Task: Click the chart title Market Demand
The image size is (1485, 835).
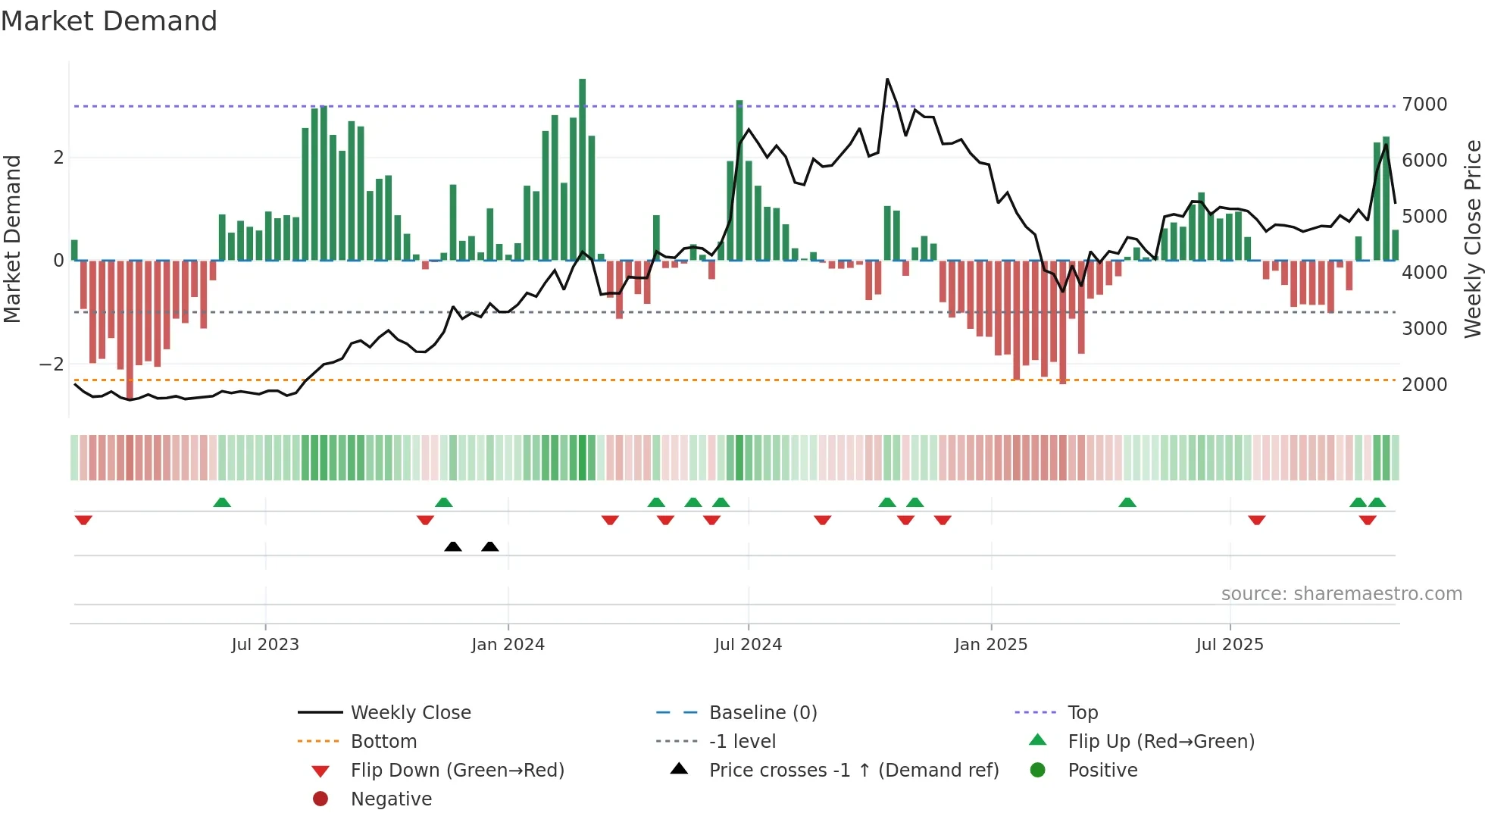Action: (x=109, y=21)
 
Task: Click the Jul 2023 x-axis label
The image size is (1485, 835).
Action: (x=265, y=645)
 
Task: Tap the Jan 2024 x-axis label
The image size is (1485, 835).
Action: (x=508, y=645)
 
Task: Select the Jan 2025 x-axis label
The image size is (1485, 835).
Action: (x=990, y=645)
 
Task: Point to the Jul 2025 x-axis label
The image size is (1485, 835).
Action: (x=1230, y=645)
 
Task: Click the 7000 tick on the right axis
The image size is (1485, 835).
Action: (x=1424, y=105)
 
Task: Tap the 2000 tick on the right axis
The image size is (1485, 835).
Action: (x=1424, y=385)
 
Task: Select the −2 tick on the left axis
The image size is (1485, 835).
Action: (x=52, y=364)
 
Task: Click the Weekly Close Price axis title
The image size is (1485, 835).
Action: (x=1472, y=239)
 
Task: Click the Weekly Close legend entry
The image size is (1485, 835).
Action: (x=410, y=713)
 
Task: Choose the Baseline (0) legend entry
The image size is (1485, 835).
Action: (x=762, y=713)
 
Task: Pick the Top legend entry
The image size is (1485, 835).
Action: (x=1082, y=713)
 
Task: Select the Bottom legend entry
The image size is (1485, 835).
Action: (x=383, y=742)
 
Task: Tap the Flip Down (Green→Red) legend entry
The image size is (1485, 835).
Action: (x=457, y=771)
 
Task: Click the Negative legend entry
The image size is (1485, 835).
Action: (x=391, y=799)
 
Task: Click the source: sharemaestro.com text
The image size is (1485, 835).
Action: (x=1341, y=594)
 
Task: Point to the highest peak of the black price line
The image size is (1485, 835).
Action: (x=887, y=80)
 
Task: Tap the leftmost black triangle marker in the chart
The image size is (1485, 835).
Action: (x=453, y=546)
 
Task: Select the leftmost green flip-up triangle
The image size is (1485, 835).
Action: (x=222, y=502)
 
